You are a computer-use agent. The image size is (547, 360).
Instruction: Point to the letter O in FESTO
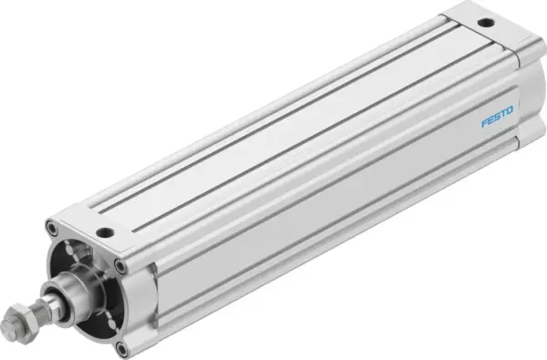click(x=511, y=109)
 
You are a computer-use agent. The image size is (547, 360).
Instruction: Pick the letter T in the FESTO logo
click(x=503, y=113)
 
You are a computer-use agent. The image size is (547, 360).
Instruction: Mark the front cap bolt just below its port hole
click(x=119, y=265)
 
